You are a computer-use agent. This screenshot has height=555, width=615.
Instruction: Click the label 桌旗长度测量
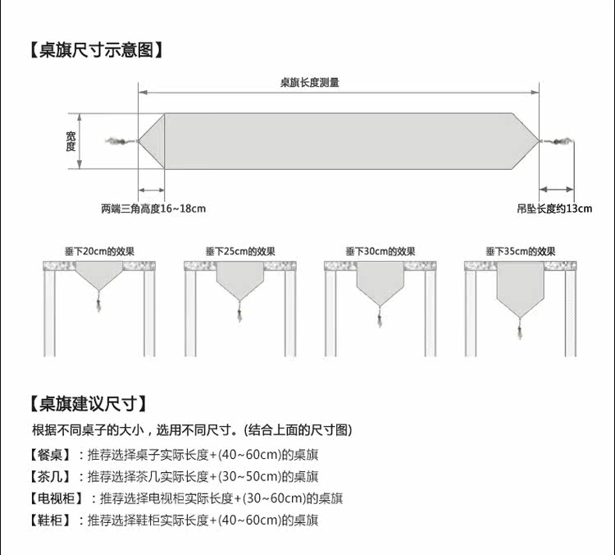coord(309,82)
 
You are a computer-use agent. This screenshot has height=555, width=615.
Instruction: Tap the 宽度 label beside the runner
coord(71,141)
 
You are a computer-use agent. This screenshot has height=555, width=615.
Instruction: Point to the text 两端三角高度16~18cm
coord(153,209)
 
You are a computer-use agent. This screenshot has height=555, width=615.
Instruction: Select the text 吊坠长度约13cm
coord(554,209)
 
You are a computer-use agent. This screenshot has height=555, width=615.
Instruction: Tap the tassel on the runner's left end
coord(120,142)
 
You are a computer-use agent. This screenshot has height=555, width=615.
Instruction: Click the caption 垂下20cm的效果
coord(99,251)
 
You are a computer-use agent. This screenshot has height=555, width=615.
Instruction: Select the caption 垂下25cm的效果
coord(240,251)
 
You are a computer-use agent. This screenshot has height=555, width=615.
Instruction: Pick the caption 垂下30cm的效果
coord(380,251)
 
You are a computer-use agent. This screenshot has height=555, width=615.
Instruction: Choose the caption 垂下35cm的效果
coord(520,251)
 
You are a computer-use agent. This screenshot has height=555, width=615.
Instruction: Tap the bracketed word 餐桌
coord(49,454)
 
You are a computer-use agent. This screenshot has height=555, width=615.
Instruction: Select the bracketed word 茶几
coord(49,476)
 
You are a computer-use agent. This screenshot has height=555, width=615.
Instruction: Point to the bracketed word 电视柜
coord(55,498)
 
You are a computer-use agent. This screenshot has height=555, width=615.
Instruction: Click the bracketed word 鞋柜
coord(49,521)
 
